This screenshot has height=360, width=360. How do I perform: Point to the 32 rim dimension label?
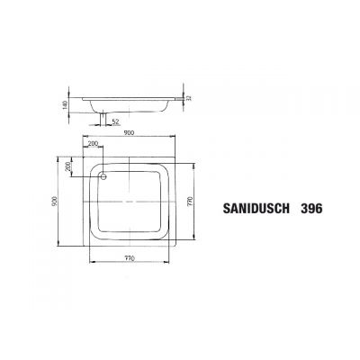(190, 96)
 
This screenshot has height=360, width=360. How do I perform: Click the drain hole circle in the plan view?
(105, 175)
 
